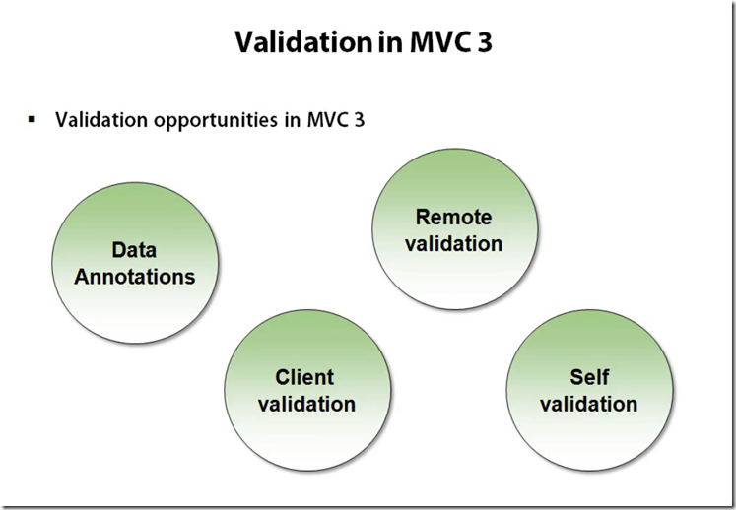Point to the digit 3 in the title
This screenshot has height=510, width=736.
coord(485,42)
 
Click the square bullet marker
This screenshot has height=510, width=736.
coord(32,119)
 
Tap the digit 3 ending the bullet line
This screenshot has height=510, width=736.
coord(360,120)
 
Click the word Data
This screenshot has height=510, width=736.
coord(135,250)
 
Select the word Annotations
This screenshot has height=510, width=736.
coord(135,276)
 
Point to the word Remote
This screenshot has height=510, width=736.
coord(453,217)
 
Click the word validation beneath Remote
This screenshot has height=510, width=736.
coord(453,242)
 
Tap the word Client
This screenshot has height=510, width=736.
coord(305,377)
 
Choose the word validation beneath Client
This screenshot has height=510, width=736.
coord(305,403)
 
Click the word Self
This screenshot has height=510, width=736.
coord(589,377)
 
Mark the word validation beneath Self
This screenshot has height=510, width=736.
coord(589,403)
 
